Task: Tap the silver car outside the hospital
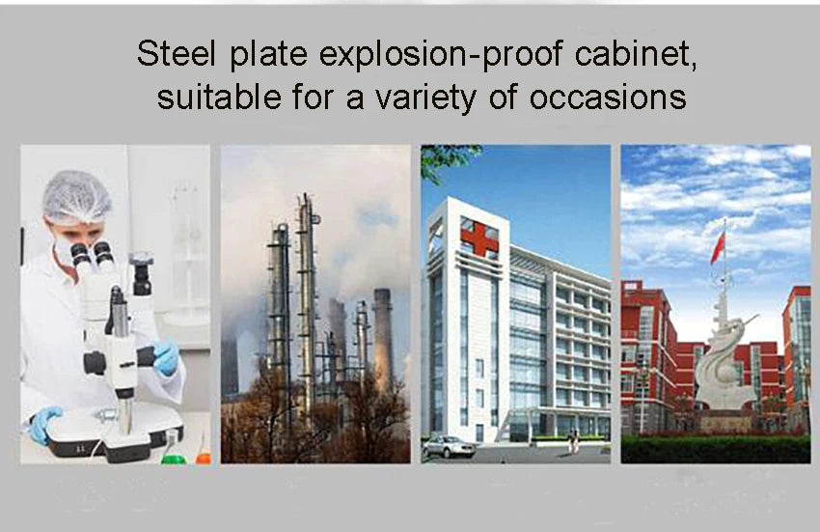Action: click(448, 446)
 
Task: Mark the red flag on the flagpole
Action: click(717, 248)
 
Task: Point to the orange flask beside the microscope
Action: click(203, 453)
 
